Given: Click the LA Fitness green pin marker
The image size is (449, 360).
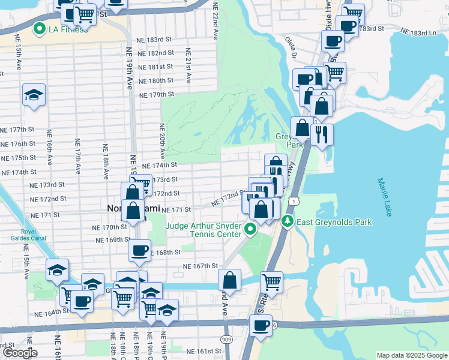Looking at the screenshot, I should [40, 28].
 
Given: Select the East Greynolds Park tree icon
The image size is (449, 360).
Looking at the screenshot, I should [288, 222].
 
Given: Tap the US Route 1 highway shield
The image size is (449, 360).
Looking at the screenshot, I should [292, 197].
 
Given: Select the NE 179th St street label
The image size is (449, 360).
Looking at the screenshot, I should [156, 94].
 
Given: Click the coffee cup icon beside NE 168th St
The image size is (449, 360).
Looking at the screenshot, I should [139, 250].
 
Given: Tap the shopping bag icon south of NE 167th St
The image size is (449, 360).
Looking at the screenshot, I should [230, 280].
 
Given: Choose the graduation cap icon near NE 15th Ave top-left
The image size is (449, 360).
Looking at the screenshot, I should [34, 95].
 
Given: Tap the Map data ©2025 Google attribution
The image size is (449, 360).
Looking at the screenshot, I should [412, 355].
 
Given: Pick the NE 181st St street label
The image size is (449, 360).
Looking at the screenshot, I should [155, 67].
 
